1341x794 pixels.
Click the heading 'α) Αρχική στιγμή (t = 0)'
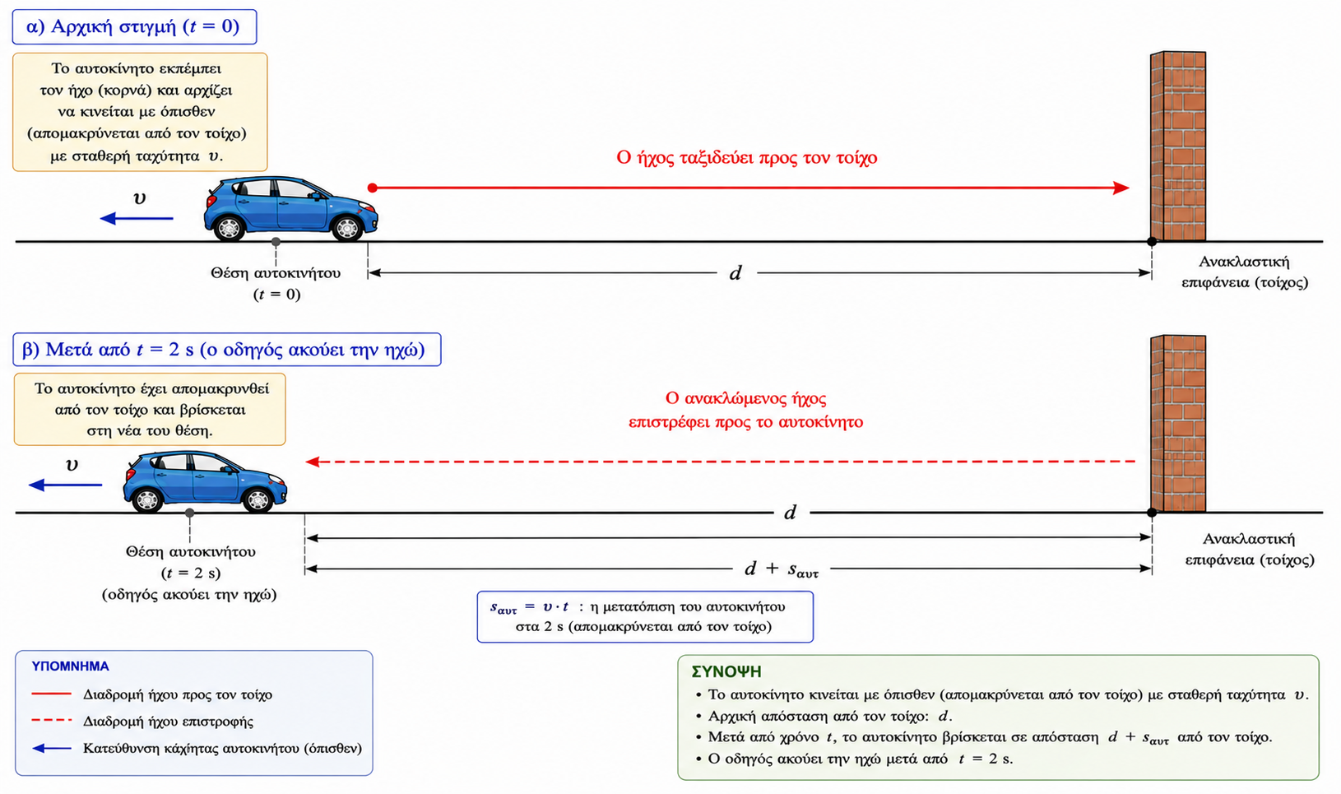click(x=133, y=27)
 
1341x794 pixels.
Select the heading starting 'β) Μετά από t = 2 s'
click(x=223, y=349)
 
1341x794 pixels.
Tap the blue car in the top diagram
click(x=291, y=209)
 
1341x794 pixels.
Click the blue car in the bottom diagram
click(x=205, y=482)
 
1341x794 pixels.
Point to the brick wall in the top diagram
click(x=1177, y=146)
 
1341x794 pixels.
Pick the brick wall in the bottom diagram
click(x=1177, y=424)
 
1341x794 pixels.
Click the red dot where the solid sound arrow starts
click(x=373, y=188)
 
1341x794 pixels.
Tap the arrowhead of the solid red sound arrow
click(x=1121, y=188)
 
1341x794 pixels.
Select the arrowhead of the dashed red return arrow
click(x=313, y=462)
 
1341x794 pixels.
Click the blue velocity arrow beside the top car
click(x=137, y=219)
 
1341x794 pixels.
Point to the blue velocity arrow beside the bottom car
click(x=65, y=485)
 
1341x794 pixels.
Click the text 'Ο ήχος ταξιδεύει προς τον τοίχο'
click(x=746, y=158)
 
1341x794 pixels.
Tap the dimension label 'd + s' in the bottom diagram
click(x=781, y=569)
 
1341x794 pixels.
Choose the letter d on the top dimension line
click(x=735, y=273)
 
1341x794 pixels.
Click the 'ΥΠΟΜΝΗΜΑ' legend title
click(x=70, y=666)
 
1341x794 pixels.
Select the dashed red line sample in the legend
click(x=52, y=720)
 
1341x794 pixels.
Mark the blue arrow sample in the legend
click(x=52, y=748)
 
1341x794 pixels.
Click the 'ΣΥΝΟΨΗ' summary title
click(x=726, y=672)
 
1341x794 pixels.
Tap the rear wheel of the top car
click(x=229, y=228)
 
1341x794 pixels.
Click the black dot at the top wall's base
click(x=1152, y=242)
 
